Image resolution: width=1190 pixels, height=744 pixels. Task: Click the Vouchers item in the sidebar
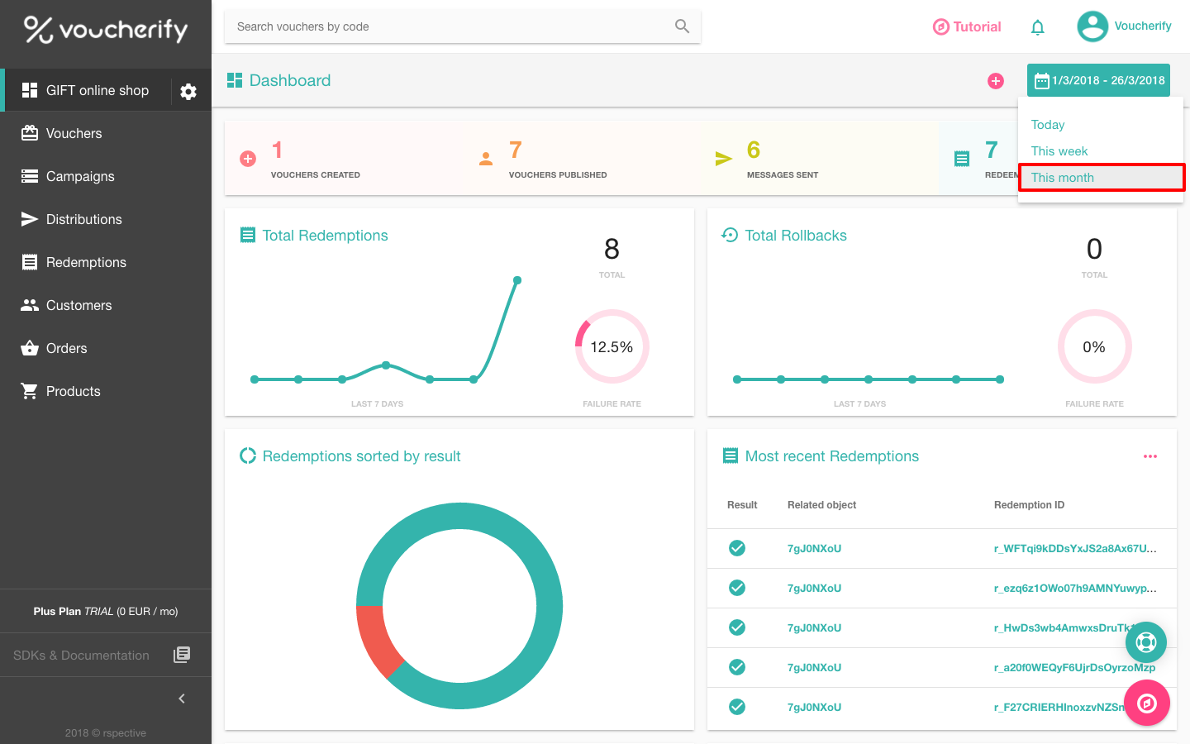[74, 133]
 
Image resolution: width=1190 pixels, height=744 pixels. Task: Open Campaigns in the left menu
[80, 176]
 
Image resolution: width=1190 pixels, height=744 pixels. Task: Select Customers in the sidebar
[79, 305]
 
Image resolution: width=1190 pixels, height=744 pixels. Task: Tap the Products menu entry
[73, 391]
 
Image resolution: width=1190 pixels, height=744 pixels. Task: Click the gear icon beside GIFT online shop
[188, 92]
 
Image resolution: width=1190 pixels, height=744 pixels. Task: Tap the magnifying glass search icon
[682, 26]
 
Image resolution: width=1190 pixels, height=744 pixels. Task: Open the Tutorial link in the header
[967, 26]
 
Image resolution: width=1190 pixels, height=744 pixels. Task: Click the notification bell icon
[1038, 27]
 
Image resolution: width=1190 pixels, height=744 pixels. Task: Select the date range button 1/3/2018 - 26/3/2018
[1098, 80]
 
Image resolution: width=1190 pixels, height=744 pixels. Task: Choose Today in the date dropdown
[1048, 125]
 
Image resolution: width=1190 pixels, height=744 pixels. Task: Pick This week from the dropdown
[1059, 151]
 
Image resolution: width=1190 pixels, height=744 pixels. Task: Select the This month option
[1063, 178]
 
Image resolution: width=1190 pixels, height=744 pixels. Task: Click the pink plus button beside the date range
[996, 80]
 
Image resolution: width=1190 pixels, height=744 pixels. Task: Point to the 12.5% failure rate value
[612, 347]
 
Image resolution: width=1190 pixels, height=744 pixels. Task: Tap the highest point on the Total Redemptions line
[517, 280]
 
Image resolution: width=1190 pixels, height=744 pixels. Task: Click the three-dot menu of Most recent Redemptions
[1150, 456]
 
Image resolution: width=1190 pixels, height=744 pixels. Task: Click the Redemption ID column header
[1029, 505]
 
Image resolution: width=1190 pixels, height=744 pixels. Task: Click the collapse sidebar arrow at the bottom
[182, 699]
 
